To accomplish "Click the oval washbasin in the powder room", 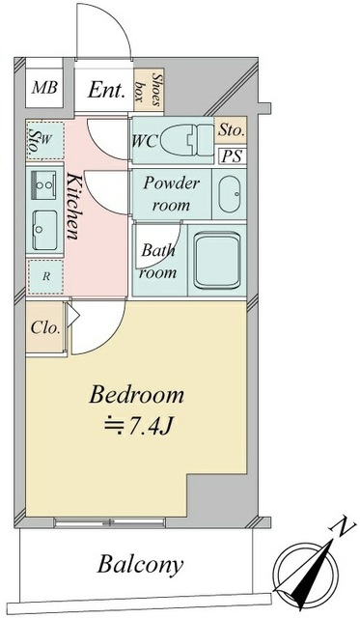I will pos(229,195).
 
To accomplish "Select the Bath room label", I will pos(158,262).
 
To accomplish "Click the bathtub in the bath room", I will pos(220,258).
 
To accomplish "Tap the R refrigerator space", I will pos(44,276).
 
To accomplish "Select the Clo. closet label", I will pos(45,327).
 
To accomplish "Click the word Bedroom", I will pos(137,395).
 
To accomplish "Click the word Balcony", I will pos(140,565).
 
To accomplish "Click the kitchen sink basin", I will pos(43,224).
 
